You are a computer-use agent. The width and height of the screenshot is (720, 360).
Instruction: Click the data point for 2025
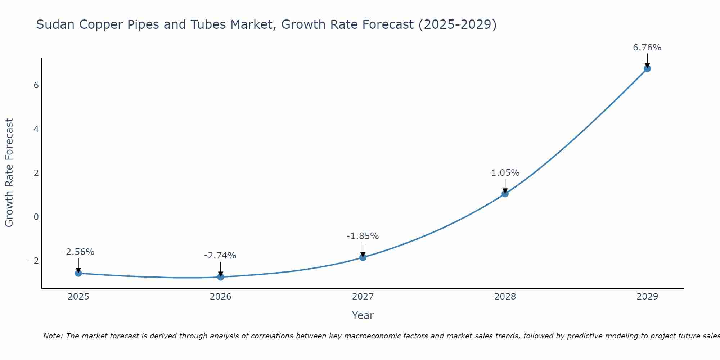pyautogui.click(x=78, y=273)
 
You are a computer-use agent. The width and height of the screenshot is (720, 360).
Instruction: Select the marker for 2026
pyautogui.click(x=221, y=277)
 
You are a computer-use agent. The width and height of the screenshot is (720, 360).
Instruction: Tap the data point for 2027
pyautogui.click(x=363, y=257)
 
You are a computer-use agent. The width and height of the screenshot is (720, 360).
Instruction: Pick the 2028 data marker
pyautogui.click(x=505, y=194)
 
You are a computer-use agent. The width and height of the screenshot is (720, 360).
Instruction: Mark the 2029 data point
pyautogui.click(x=647, y=68)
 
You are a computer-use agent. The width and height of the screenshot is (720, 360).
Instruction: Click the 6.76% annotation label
pyautogui.click(x=647, y=48)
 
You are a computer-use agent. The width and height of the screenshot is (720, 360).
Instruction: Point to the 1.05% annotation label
pyautogui.click(x=505, y=173)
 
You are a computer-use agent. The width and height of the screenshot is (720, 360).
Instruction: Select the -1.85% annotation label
pyautogui.click(x=363, y=236)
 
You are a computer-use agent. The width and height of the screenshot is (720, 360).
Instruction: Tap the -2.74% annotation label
pyautogui.click(x=220, y=256)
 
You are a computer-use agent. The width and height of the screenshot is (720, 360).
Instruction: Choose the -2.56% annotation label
pyautogui.click(x=78, y=252)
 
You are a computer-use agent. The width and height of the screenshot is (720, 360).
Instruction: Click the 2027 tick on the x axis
pyautogui.click(x=363, y=297)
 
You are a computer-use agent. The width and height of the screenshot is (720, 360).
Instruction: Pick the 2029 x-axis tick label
pyautogui.click(x=647, y=297)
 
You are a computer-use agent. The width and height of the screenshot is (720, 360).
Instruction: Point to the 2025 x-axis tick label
pyautogui.click(x=78, y=297)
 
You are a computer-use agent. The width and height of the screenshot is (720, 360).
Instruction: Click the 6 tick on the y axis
pyautogui.click(x=36, y=85)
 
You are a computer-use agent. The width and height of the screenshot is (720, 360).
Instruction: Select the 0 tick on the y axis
pyautogui.click(x=36, y=217)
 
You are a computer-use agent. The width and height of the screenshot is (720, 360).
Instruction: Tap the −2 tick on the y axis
pyautogui.click(x=33, y=261)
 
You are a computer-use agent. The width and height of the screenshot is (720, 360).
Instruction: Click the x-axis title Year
pyautogui.click(x=363, y=315)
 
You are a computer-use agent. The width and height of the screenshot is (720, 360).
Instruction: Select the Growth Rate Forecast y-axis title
pyautogui.click(x=9, y=173)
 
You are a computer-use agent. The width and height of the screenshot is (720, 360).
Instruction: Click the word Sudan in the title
pyautogui.click(x=56, y=24)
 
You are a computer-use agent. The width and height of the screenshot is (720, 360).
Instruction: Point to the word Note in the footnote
pyautogui.click(x=53, y=336)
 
